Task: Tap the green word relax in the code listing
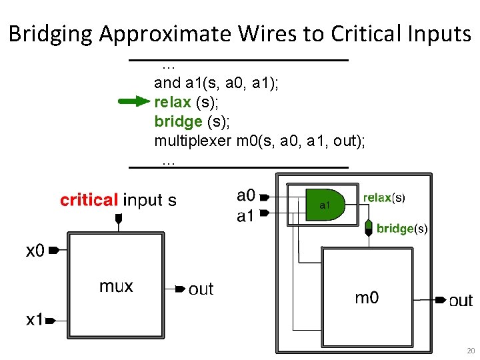[172, 102]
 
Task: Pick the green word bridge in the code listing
[178, 121]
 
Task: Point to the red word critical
[89, 200]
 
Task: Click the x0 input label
[35, 251]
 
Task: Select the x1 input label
[35, 320]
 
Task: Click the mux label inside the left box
[116, 287]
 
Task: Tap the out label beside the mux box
[201, 289]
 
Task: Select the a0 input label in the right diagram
[246, 195]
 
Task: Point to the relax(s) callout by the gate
[383, 197]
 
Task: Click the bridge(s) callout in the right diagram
[401, 229]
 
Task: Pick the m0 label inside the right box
[367, 297]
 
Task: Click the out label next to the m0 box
[461, 301]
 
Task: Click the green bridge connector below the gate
[368, 227]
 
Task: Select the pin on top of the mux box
[119, 219]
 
